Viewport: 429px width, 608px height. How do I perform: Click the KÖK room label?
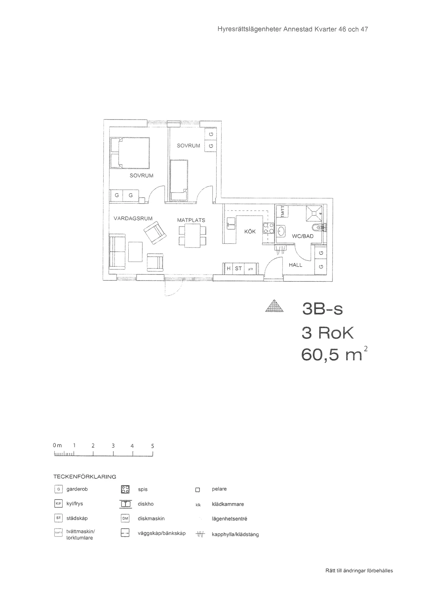(x=250, y=232)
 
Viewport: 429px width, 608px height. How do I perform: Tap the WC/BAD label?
(x=302, y=236)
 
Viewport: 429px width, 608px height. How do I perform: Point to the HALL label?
(x=295, y=265)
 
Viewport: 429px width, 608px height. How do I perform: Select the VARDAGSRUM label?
(x=133, y=218)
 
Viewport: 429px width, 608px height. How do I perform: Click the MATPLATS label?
(x=191, y=220)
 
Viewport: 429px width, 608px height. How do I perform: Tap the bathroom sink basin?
(x=281, y=231)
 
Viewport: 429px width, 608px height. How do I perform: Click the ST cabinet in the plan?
(x=238, y=268)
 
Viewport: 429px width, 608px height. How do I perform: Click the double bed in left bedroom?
(x=130, y=153)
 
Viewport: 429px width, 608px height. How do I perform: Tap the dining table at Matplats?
(x=192, y=236)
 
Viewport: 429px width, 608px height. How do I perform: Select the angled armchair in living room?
(x=155, y=233)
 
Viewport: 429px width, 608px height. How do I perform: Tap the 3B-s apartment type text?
(x=322, y=309)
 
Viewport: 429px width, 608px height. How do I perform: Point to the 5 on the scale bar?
(x=153, y=446)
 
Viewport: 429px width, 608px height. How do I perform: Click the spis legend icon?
(x=125, y=489)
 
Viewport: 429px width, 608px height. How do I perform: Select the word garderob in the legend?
(x=77, y=489)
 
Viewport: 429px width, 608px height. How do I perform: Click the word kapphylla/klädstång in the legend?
(x=235, y=534)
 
